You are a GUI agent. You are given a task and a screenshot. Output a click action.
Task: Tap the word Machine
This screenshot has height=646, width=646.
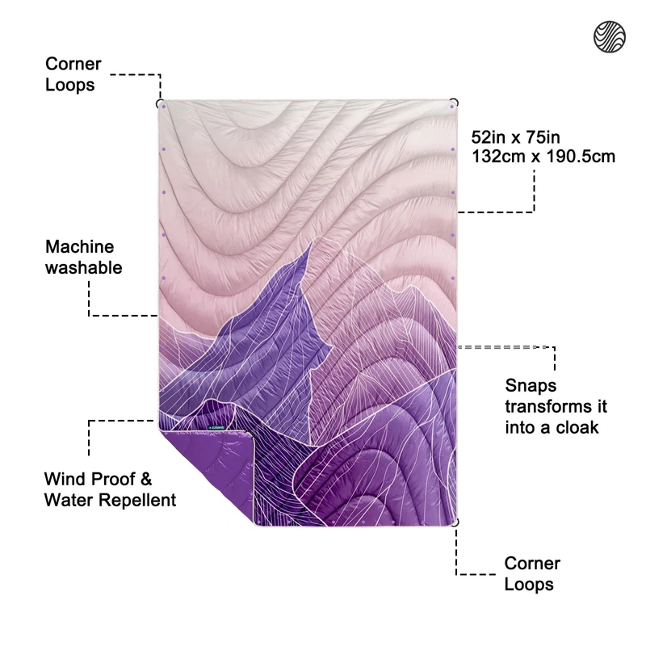[x=80, y=247]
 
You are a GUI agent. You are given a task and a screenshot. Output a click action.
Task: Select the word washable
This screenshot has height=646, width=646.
[x=84, y=267]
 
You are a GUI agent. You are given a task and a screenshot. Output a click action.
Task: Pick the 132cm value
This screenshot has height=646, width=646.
[x=497, y=157]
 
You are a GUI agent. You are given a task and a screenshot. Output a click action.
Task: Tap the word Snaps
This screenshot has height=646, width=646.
[x=531, y=386]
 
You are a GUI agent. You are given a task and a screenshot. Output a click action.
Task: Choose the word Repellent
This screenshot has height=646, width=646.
[x=137, y=500]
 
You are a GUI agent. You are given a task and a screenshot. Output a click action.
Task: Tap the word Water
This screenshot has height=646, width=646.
[x=68, y=500]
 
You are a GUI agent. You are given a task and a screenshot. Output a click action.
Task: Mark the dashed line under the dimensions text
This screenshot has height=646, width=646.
[x=497, y=212]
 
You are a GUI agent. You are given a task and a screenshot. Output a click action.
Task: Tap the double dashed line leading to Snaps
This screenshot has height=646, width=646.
[x=505, y=347]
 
